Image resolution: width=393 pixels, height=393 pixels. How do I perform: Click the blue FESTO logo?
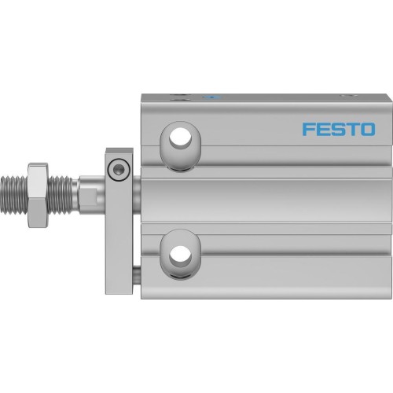[x=339, y=129]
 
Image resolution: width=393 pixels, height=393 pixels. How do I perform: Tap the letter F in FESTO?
[x=310, y=129]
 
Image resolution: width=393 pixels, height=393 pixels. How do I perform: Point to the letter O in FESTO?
[x=366, y=129]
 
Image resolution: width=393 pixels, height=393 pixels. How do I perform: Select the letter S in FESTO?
[x=339, y=129]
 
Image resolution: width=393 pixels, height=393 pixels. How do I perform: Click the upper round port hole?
[x=180, y=136]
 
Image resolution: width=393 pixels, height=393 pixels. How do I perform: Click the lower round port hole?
[x=180, y=253]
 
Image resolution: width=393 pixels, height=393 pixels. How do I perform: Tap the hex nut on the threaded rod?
[x=39, y=196]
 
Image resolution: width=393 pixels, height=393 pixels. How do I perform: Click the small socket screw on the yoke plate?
[x=118, y=167]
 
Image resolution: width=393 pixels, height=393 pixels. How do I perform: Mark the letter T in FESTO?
[x=352, y=129]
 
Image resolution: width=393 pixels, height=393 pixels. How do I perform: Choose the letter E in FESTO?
[x=324, y=129]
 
